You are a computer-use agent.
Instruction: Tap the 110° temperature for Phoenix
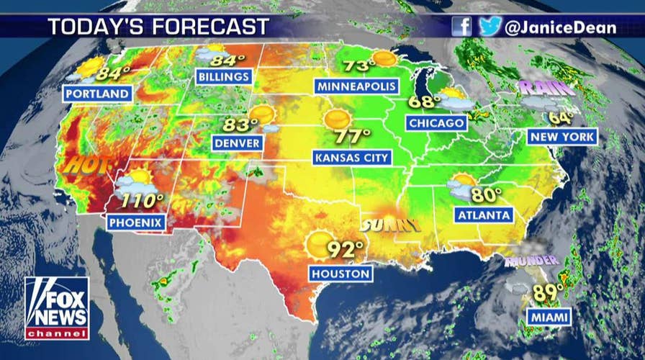pos(143,201)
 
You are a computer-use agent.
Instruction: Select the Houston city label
pos(341,274)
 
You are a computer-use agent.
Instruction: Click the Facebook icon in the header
pos(462,27)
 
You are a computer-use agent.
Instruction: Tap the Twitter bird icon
pos(490,27)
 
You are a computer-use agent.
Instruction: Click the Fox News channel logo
pos(57,308)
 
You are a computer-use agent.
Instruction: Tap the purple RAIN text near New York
pos(546,89)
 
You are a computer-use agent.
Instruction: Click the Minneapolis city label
pos(356,86)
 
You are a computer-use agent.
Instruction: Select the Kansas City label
pos(351,157)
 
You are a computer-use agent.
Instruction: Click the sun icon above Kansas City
pos(337,120)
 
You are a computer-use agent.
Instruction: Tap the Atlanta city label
pos(483,215)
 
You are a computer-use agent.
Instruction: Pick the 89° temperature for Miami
pos(548,293)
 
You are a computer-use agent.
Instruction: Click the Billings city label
pos(223,76)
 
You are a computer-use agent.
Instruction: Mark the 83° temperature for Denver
pos(235,125)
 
